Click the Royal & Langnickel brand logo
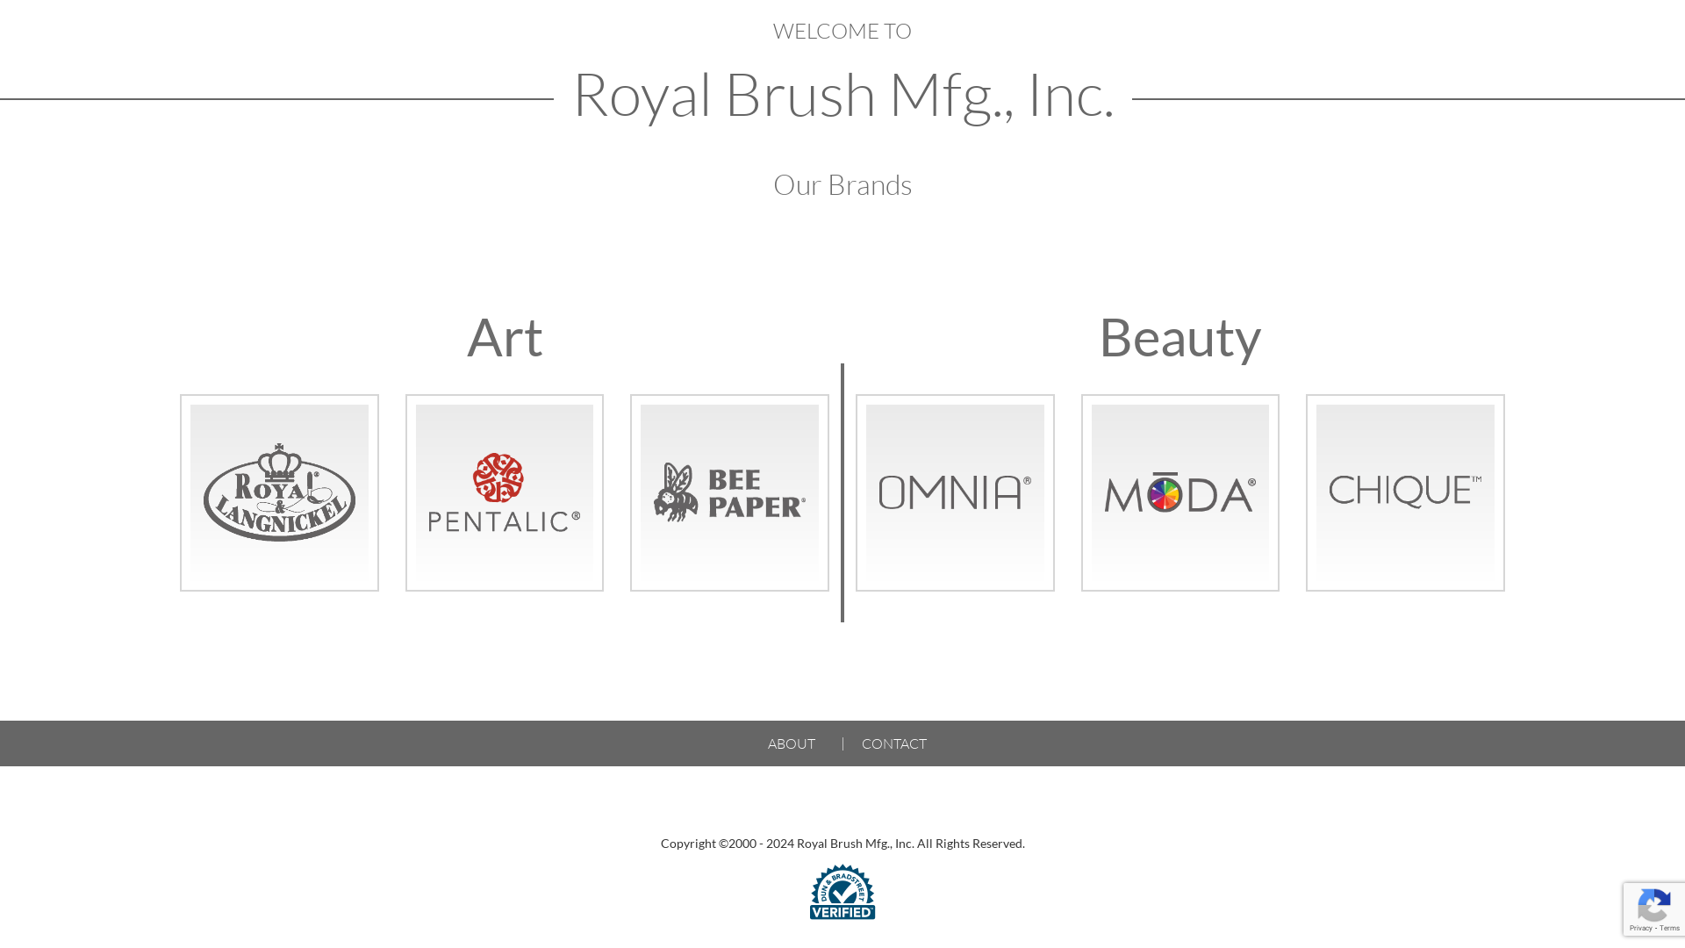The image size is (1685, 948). pyautogui.click(x=279, y=492)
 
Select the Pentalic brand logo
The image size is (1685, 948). pyautogui.click(x=505, y=492)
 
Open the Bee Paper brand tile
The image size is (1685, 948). pyautogui.click(x=729, y=492)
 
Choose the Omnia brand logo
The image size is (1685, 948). pyautogui.click(x=955, y=492)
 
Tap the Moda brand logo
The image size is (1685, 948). pyautogui.click(x=1180, y=492)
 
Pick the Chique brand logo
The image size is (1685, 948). pyautogui.click(x=1405, y=492)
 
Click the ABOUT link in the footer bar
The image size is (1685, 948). pyautogui.click(x=792, y=743)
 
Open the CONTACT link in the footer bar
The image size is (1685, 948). pyautogui.click(x=894, y=743)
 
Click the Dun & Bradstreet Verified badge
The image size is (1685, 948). pyautogui.click(x=842, y=892)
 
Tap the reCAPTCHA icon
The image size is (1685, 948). pyautogui.click(x=1654, y=908)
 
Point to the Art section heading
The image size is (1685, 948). pyautogui.click(x=505, y=336)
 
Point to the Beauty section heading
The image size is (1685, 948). pyautogui.click(x=1180, y=336)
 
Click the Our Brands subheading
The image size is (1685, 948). pyautogui.click(x=842, y=184)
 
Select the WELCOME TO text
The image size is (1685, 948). pyautogui.click(x=842, y=31)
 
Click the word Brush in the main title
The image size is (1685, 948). pyautogui.click(x=800, y=94)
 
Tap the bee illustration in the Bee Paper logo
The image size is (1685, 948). pyautogui.click(x=677, y=492)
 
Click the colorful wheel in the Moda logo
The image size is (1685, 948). pyautogui.click(x=1165, y=495)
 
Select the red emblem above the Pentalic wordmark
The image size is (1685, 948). pyautogui.click(x=498, y=478)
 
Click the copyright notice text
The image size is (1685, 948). pyautogui.click(x=842, y=844)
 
